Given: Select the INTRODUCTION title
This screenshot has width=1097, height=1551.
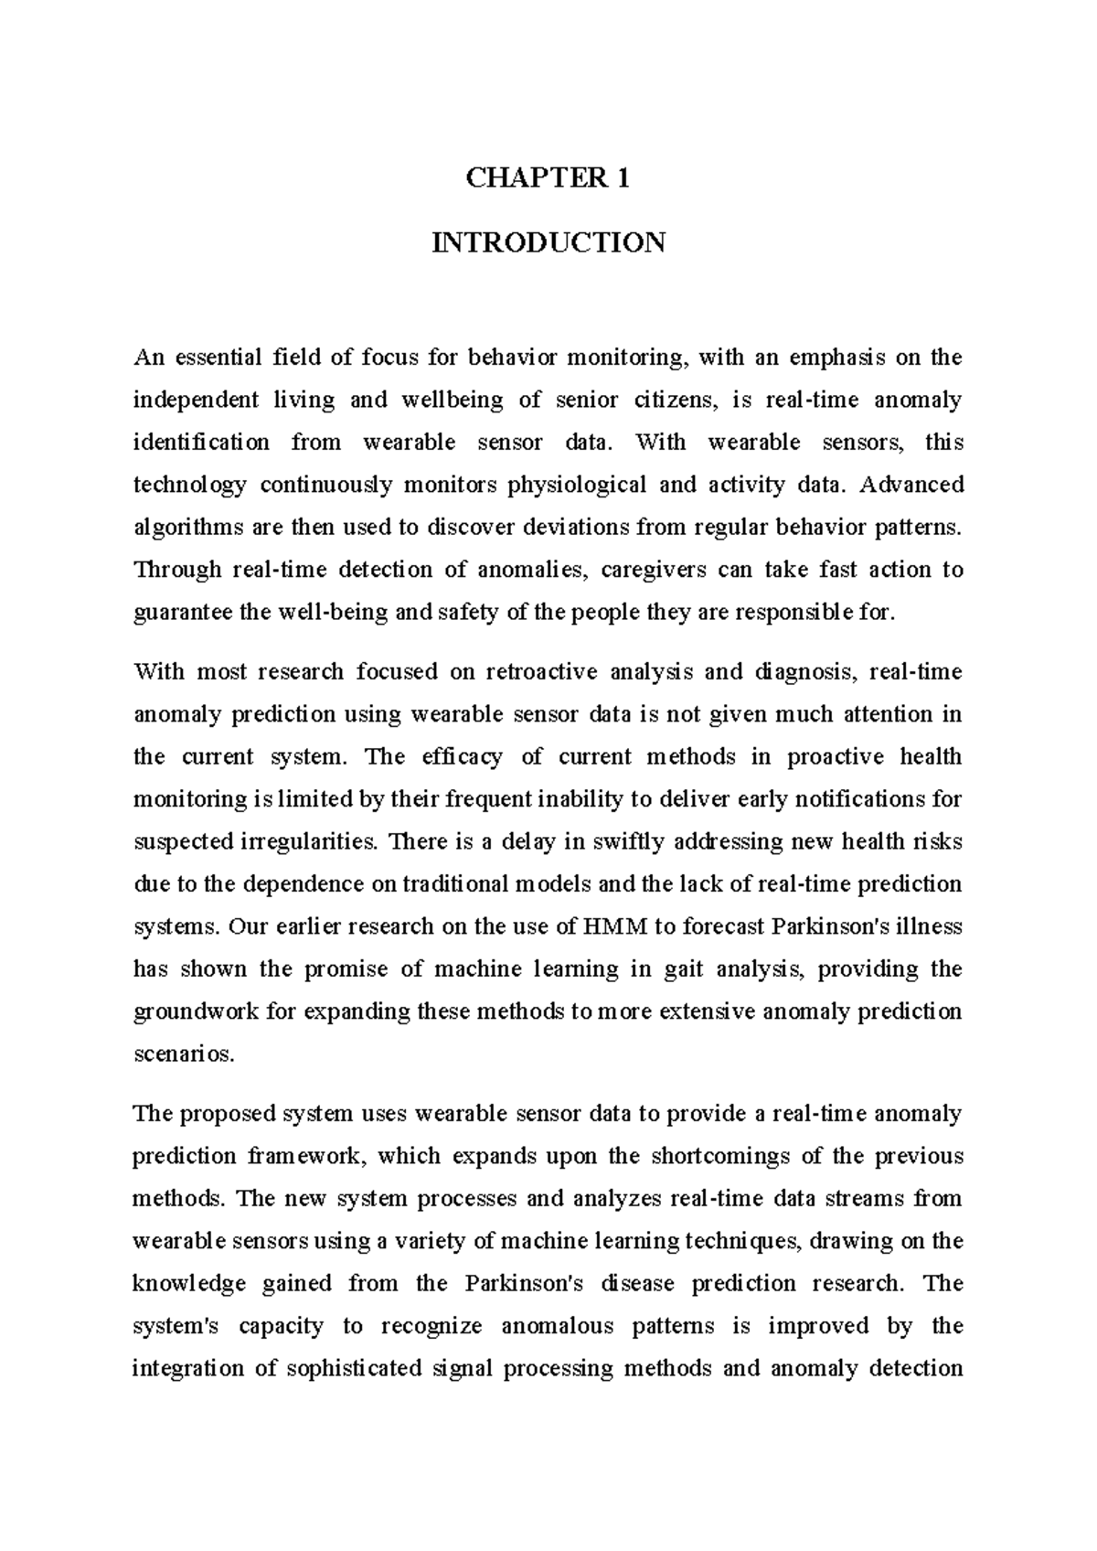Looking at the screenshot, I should [548, 243].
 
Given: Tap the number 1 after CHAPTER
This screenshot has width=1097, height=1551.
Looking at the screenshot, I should [623, 178].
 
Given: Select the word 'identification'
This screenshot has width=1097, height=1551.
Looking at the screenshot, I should [202, 443].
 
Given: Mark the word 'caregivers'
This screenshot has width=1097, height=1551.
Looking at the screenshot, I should [653, 570].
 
